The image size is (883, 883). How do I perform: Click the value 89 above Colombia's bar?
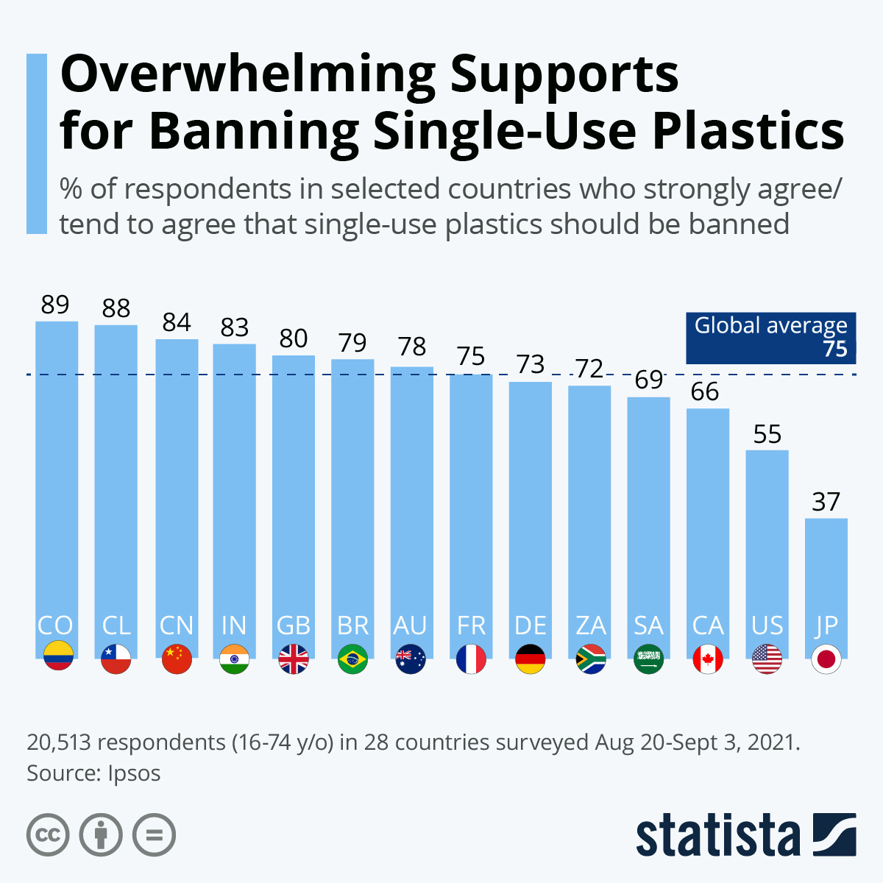[55, 304]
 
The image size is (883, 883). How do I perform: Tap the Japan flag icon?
[826, 659]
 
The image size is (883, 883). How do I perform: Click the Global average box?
[770, 338]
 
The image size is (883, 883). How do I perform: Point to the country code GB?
[294, 625]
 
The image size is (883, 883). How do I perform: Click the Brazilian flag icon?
[352, 659]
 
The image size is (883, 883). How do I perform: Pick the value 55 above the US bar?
[767, 434]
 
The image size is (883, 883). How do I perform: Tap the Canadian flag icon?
[708, 659]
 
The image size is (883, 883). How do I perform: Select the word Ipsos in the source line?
[134, 773]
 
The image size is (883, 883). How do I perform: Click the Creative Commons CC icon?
[48, 834]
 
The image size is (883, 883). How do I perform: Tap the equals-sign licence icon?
[154, 834]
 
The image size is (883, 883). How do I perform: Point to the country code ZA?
[591, 625]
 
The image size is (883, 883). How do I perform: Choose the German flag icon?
[530, 659]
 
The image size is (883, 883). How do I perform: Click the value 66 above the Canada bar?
[705, 391]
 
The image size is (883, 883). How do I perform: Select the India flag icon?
[234, 659]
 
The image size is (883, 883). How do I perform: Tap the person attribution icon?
[101, 834]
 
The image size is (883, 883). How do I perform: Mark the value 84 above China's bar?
[177, 322]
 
